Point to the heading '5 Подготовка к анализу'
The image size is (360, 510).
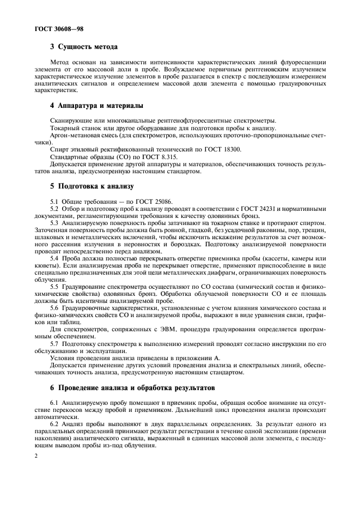coord(92,186)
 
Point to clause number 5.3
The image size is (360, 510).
coord(55,223)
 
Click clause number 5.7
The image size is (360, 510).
coord(55,344)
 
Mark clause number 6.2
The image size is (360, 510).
coord(55,423)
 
